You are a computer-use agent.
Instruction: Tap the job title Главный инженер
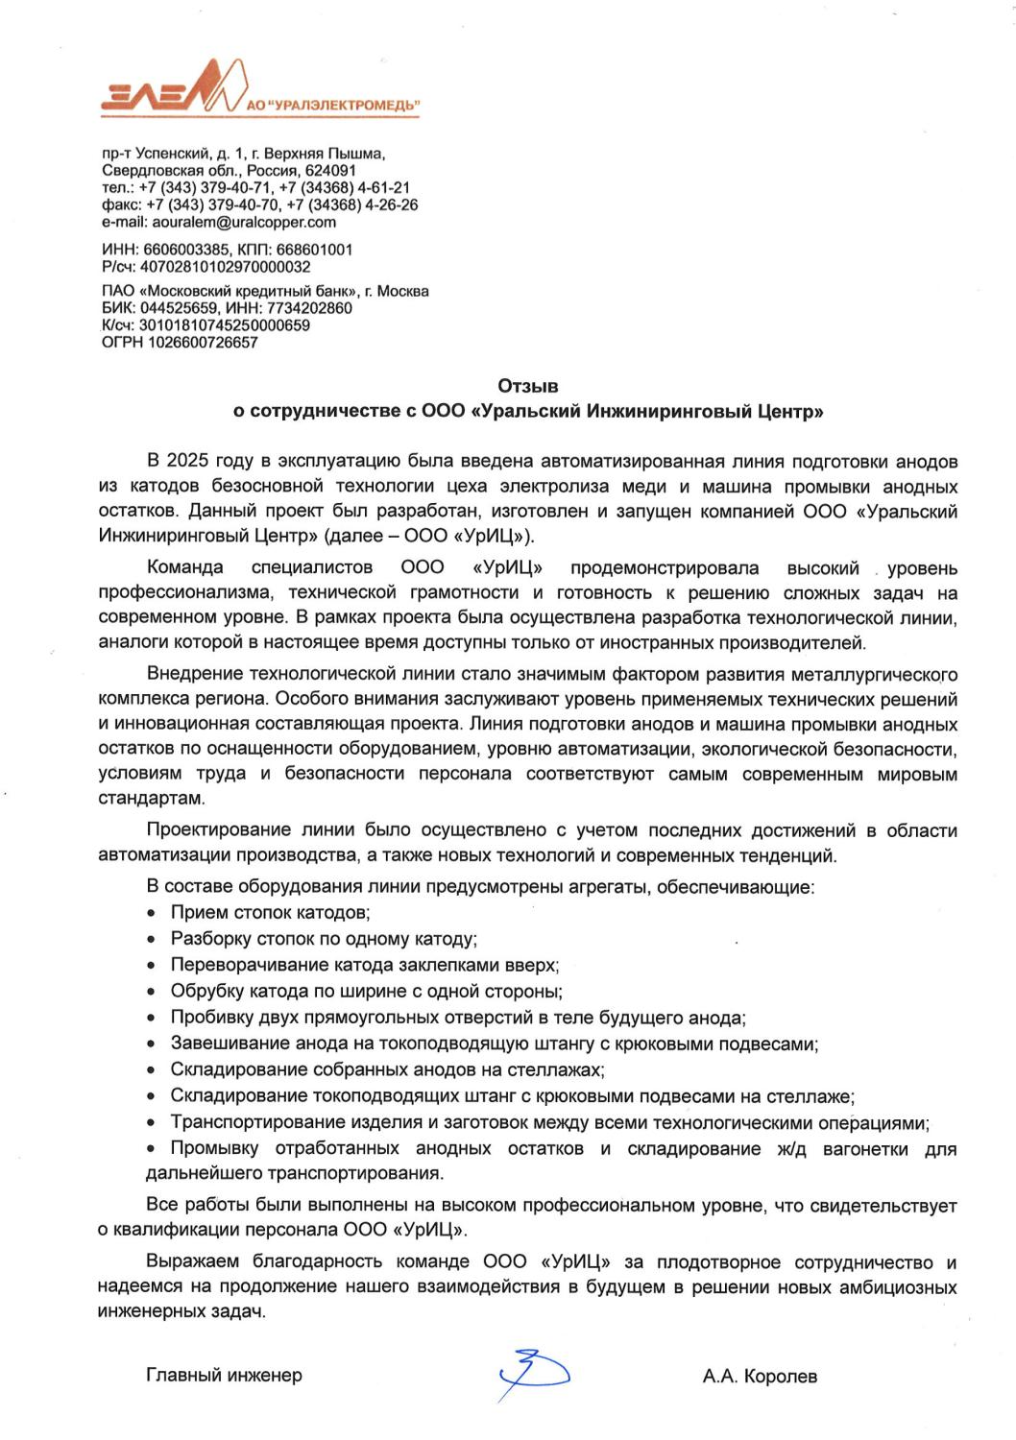tap(224, 1375)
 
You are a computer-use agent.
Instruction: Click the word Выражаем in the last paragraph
tap(191, 1260)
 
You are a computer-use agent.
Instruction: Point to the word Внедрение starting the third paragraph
tap(193, 673)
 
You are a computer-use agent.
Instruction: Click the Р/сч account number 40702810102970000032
tap(225, 267)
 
